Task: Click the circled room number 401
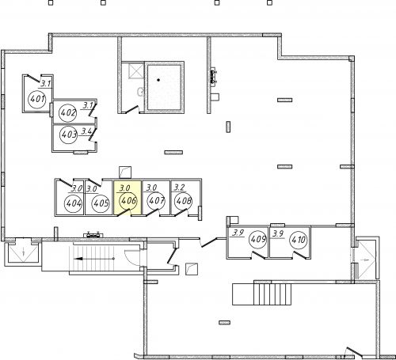point(37,99)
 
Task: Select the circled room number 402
point(68,113)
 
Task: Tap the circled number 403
point(69,135)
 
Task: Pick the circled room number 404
point(74,203)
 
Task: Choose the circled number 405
point(101,203)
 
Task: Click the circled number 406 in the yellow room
point(128,201)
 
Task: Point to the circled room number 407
point(157,201)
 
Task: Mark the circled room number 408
point(184,201)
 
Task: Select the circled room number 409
point(258,239)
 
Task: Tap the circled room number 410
point(299,240)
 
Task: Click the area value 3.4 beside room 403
point(86,131)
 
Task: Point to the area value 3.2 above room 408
point(179,188)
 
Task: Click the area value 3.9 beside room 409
point(238,233)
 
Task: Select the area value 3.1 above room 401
point(45,84)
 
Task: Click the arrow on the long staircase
point(94,259)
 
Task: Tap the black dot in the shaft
point(158,80)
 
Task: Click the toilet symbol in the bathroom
point(140,92)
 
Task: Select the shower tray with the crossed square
point(136,70)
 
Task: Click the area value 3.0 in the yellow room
point(124,188)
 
